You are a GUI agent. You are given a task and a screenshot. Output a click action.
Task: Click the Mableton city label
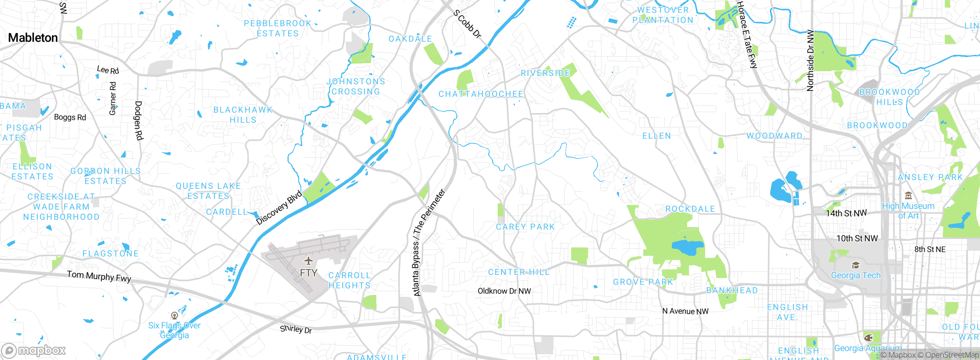coord(33,38)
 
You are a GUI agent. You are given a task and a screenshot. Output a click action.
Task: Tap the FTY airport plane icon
coord(309,261)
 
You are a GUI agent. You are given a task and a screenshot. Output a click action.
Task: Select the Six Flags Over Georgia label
coord(174,330)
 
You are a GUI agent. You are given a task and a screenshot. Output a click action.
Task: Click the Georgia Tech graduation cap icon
coord(856,265)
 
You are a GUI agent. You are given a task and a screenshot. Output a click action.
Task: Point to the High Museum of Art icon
coord(908,196)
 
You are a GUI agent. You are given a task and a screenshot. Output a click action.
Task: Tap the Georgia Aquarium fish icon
coord(868,337)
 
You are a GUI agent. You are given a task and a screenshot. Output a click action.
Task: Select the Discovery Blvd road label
coord(279,208)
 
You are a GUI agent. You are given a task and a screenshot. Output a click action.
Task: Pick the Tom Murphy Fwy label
coord(99,276)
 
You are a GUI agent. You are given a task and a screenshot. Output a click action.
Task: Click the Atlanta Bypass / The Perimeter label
coord(429,242)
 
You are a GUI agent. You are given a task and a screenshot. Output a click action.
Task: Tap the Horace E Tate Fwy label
coord(747,34)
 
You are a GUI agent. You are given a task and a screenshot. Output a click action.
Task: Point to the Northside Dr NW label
coord(810,61)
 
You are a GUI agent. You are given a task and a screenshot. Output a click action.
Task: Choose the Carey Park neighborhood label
coord(525,227)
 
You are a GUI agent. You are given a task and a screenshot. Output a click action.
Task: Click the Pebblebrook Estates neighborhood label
coord(278,28)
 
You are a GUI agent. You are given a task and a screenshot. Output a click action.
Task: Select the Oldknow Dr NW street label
coord(504,291)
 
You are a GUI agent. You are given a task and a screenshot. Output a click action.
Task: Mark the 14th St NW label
coord(846,213)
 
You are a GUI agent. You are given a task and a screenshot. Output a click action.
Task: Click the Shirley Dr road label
coord(296,329)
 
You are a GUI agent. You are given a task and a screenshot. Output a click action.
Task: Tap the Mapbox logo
coord(34,350)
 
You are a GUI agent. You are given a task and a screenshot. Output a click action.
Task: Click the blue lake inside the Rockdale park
coord(687,247)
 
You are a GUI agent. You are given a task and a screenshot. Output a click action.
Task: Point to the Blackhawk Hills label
coord(243,115)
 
